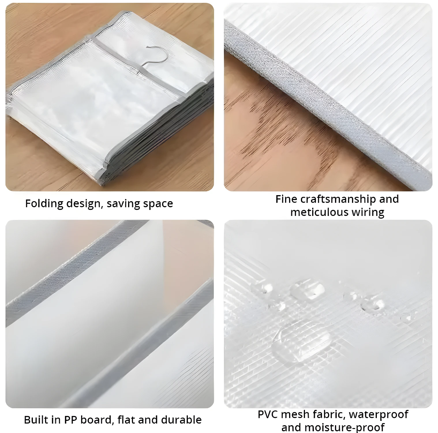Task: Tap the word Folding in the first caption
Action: coord(44,204)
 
